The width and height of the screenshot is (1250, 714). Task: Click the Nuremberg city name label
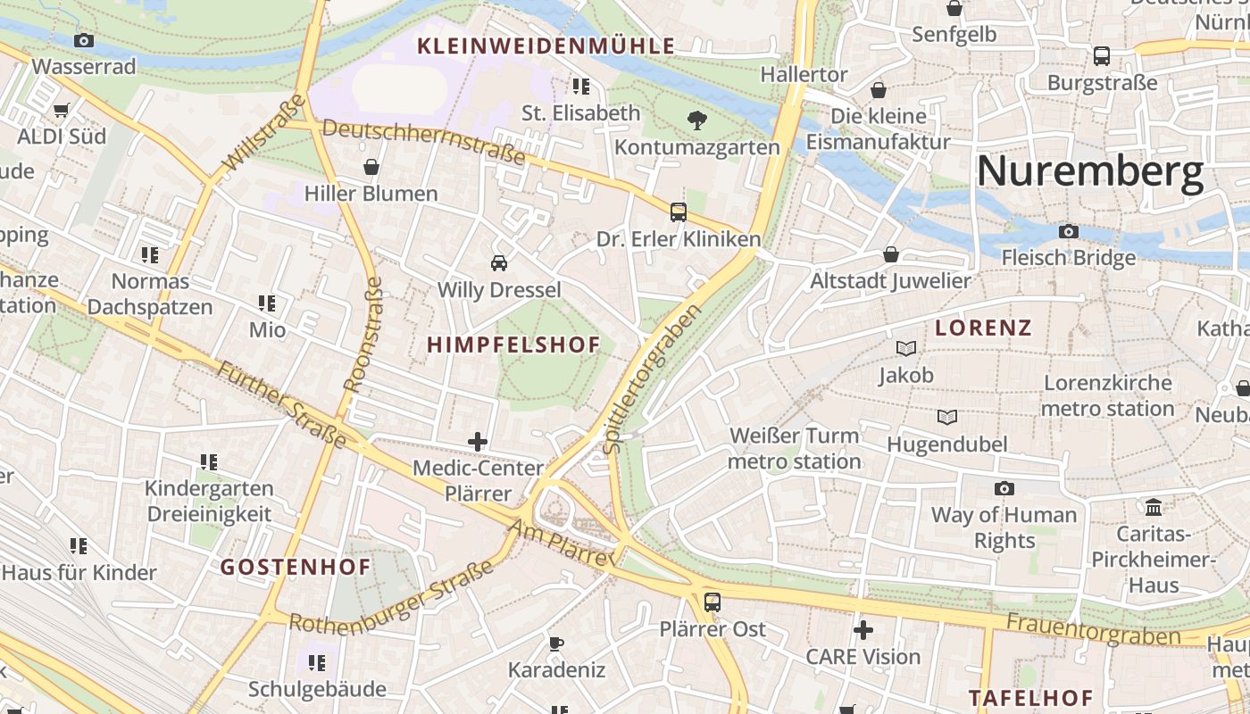point(1090,171)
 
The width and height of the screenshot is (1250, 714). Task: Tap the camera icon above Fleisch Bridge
point(1069,232)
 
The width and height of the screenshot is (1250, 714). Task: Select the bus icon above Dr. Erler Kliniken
point(679,212)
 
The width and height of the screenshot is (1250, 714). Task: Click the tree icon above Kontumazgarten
point(697,120)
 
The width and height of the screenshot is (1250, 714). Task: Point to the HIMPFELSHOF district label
point(513,345)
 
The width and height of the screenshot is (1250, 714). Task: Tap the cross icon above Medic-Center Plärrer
point(478,441)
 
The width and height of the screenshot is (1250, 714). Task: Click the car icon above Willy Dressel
point(499,263)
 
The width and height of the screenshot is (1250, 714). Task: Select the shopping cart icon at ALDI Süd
point(62,111)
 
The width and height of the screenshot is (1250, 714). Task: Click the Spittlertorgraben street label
point(652,378)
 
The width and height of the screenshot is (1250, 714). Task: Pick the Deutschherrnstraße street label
point(423,142)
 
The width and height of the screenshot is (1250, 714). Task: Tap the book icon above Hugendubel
point(947,417)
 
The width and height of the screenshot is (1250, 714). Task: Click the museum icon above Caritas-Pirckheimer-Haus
point(1154,507)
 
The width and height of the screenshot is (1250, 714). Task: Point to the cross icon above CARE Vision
point(862,630)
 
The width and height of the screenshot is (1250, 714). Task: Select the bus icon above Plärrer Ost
point(712,602)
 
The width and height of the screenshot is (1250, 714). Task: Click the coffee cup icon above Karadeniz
point(556,643)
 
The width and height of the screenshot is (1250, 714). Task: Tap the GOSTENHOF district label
point(295,567)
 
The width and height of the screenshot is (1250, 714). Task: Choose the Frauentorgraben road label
point(1094,630)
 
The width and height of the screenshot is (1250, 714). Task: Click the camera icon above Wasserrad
point(84,40)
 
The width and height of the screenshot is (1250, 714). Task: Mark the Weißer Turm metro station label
point(794,448)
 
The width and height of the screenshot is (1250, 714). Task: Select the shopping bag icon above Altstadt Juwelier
point(890,254)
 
